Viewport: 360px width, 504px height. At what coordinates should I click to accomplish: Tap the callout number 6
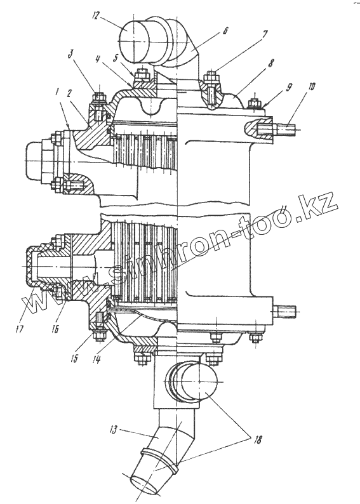pos(225,31)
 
